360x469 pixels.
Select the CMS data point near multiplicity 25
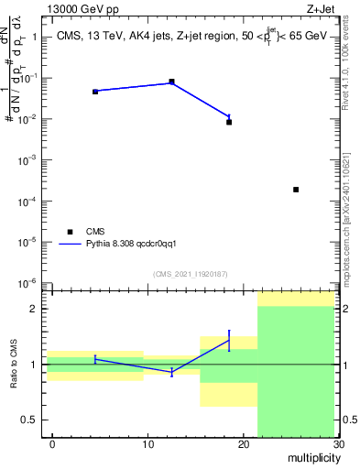pyautogui.click(x=296, y=190)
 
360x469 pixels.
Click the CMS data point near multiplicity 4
pyautogui.click(x=95, y=92)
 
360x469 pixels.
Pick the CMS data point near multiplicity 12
pyautogui.click(x=171, y=82)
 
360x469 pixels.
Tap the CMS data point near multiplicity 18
pyautogui.click(x=229, y=122)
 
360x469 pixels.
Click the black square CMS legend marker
pyautogui.click(x=68, y=232)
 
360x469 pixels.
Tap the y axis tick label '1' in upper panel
pyautogui.click(x=33, y=38)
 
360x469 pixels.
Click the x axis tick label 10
pyautogui.click(x=148, y=444)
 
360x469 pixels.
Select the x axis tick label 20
pyautogui.click(x=243, y=444)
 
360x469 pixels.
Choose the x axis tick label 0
pyautogui.click(x=52, y=444)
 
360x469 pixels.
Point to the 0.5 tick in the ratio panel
pyautogui.click(x=27, y=420)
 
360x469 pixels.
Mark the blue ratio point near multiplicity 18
pyautogui.click(x=229, y=340)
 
